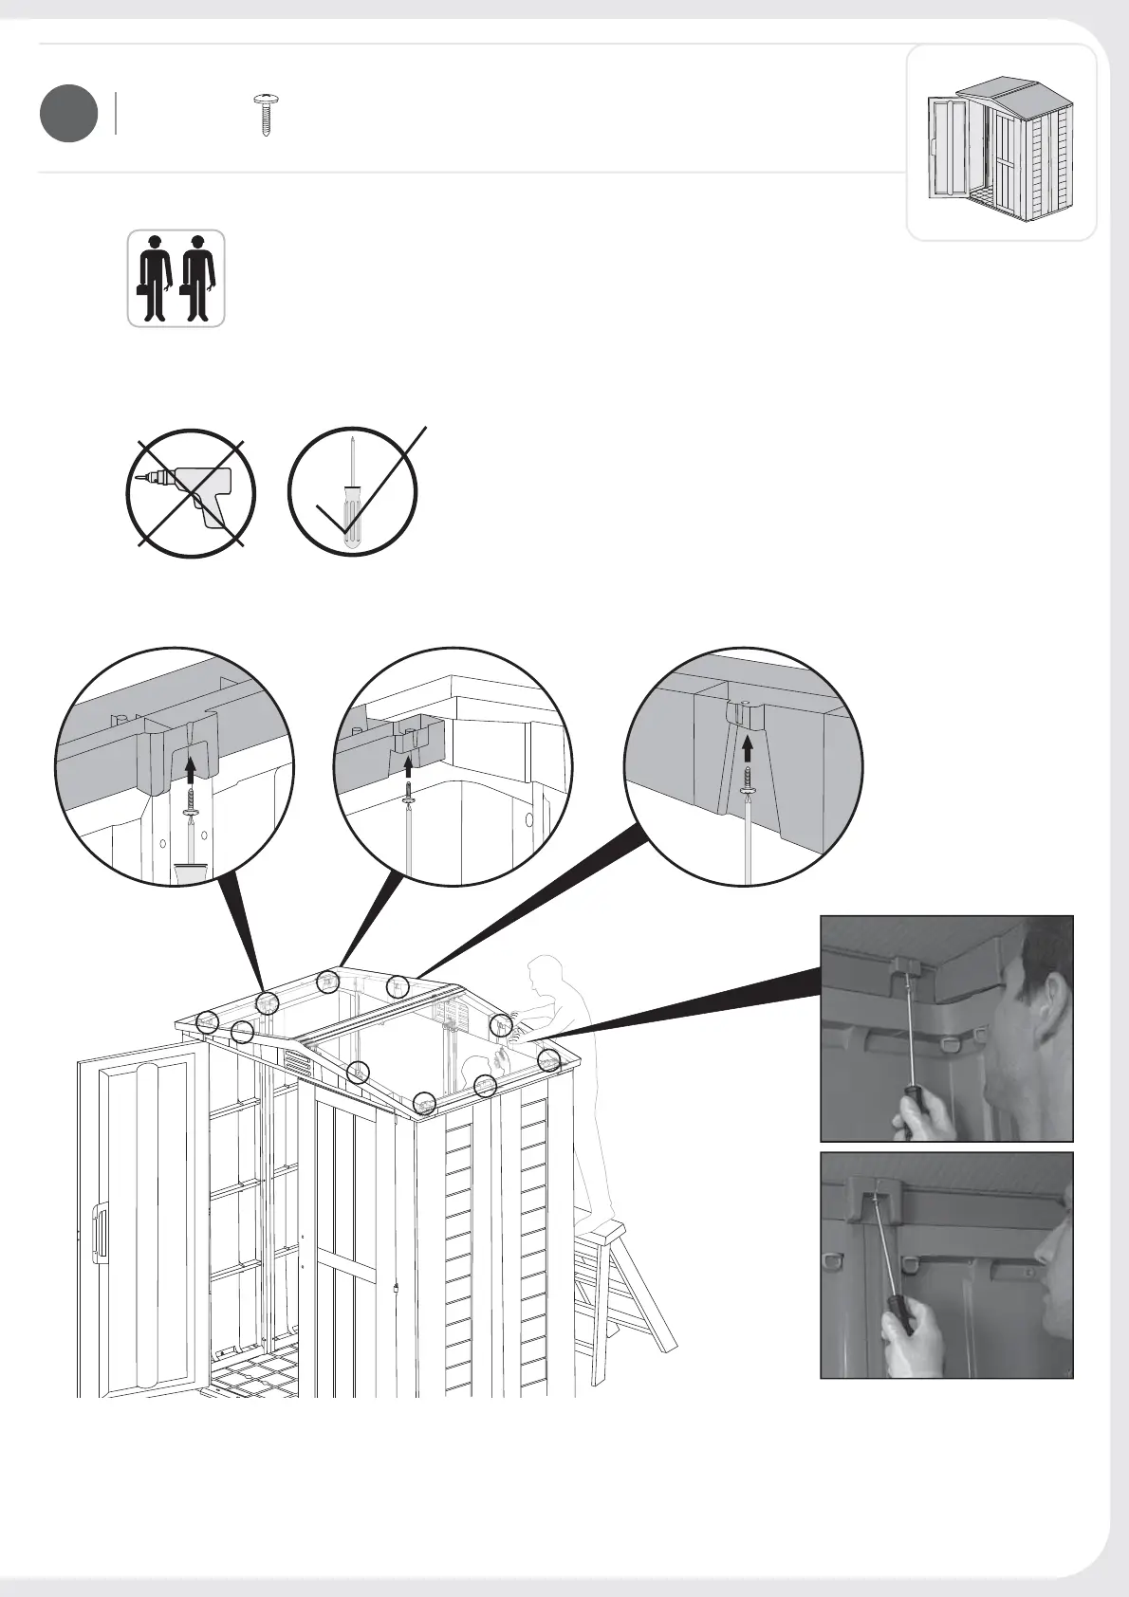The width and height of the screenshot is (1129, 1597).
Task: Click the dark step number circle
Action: pyautogui.click(x=68, y=114)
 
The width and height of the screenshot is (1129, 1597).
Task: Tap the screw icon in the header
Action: pyautogui.click(x=267, y=115)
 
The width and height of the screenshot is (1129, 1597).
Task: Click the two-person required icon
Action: pyautogui.click(x=176, y=279)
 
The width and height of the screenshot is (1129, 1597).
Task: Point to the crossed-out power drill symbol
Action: pyautogui.click(x=191, y=494)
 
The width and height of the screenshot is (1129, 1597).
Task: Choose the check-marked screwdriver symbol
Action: pyautogui.click(x=352, y=493)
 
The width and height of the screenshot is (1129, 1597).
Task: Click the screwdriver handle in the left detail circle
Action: pyautogui.click(x=190, y=872)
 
